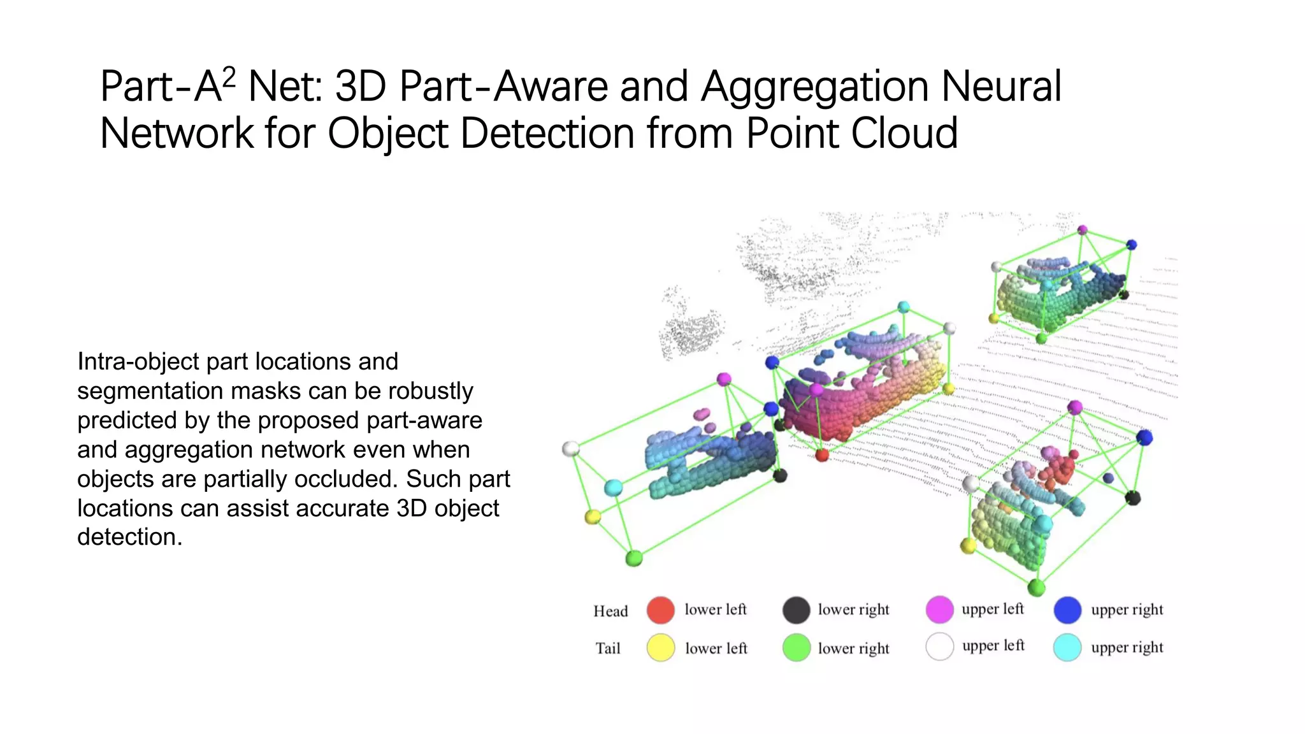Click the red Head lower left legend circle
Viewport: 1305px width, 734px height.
pyautogui.click(x=661, y=610)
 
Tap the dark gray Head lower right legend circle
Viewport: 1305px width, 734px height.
pyautogui.click(x=796, y=610)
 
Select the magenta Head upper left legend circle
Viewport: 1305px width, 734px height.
pyautogui.click(x=939, y=610)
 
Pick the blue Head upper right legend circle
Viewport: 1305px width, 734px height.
pyautogui.click(x=1067, y=610)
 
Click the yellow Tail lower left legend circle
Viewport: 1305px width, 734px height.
pyautogui.click(x=661, y=648)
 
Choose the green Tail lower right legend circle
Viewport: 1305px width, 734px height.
pyautogui.click(x=796, y=648)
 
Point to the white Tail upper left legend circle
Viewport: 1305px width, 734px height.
pyautogui.click(x=939, y=647)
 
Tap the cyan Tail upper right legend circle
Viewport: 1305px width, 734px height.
pyautogui.click(x=1067, y=647)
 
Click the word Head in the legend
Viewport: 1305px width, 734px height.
pyautogui.click(x=610, y=612)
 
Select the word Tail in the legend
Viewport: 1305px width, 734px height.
pyautogui.click(x=608, y=649)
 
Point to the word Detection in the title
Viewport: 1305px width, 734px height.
pyautogui.click(x=547, y=134)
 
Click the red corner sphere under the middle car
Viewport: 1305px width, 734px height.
pyautogui.click(x=822, y=455)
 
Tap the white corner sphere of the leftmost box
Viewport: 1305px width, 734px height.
pyautogui.click(x=571, y=449)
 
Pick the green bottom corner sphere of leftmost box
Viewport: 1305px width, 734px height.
pyautogui.click(x=634, y=559)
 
